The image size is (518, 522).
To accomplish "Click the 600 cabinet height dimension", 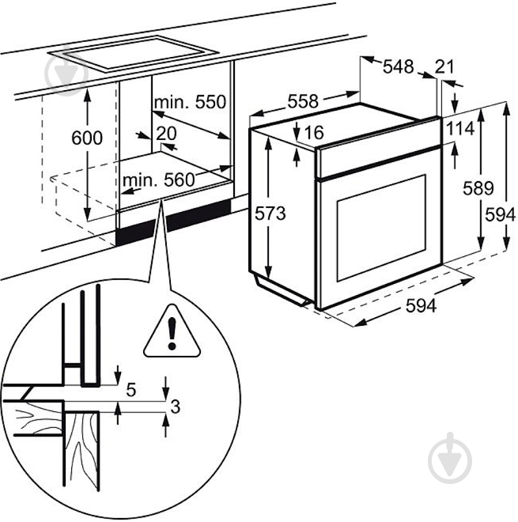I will click(x=87, y=138).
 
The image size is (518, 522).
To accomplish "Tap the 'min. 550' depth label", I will click(x=190, y=102).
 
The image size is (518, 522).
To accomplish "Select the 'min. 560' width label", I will click(x=158, y=180).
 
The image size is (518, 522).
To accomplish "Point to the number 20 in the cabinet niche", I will click(x=166, y=133).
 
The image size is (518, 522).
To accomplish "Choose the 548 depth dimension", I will click(x=399, y=67).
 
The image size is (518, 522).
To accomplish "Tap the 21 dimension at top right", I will click(x=445, y=67).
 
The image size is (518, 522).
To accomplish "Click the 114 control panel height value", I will click(x=458, y=128).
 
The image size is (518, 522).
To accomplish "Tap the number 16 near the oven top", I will click(x=314, y=133).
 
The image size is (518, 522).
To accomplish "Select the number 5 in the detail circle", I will click(x=131, y=389).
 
